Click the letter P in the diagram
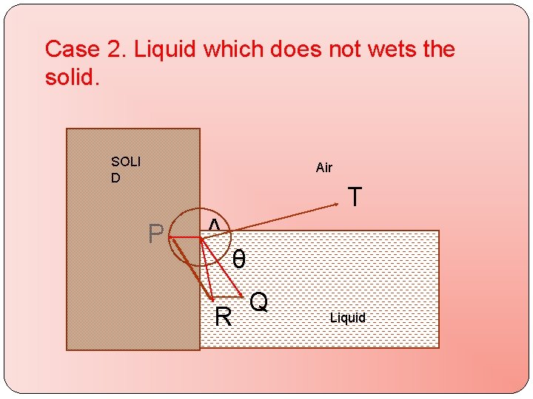click(x=155, y=233)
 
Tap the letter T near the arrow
click(x=355, y=197)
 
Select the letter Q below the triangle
click(x=258, y=301)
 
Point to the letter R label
click(x=223, y=318)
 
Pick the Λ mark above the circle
click(x=213, y=225)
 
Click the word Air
click(x=324, y=168)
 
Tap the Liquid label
click(x=348, y=318)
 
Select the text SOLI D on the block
click(x=126, y=169)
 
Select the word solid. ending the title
click(x=72, y=77)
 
